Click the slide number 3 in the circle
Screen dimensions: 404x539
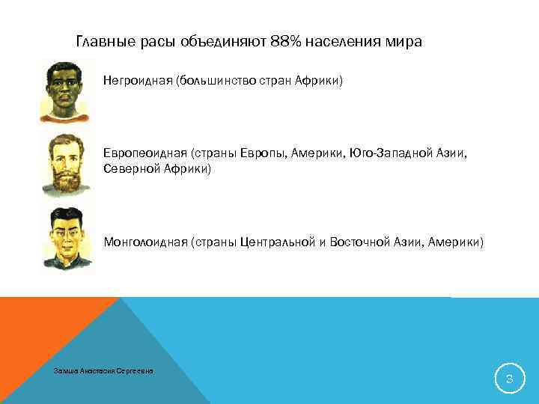click(x=509, y=380)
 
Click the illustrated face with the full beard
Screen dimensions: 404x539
click(x=64, y=161)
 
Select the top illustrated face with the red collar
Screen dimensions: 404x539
click(x=64, y=88)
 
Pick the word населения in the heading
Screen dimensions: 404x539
click(x=347, y=42)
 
